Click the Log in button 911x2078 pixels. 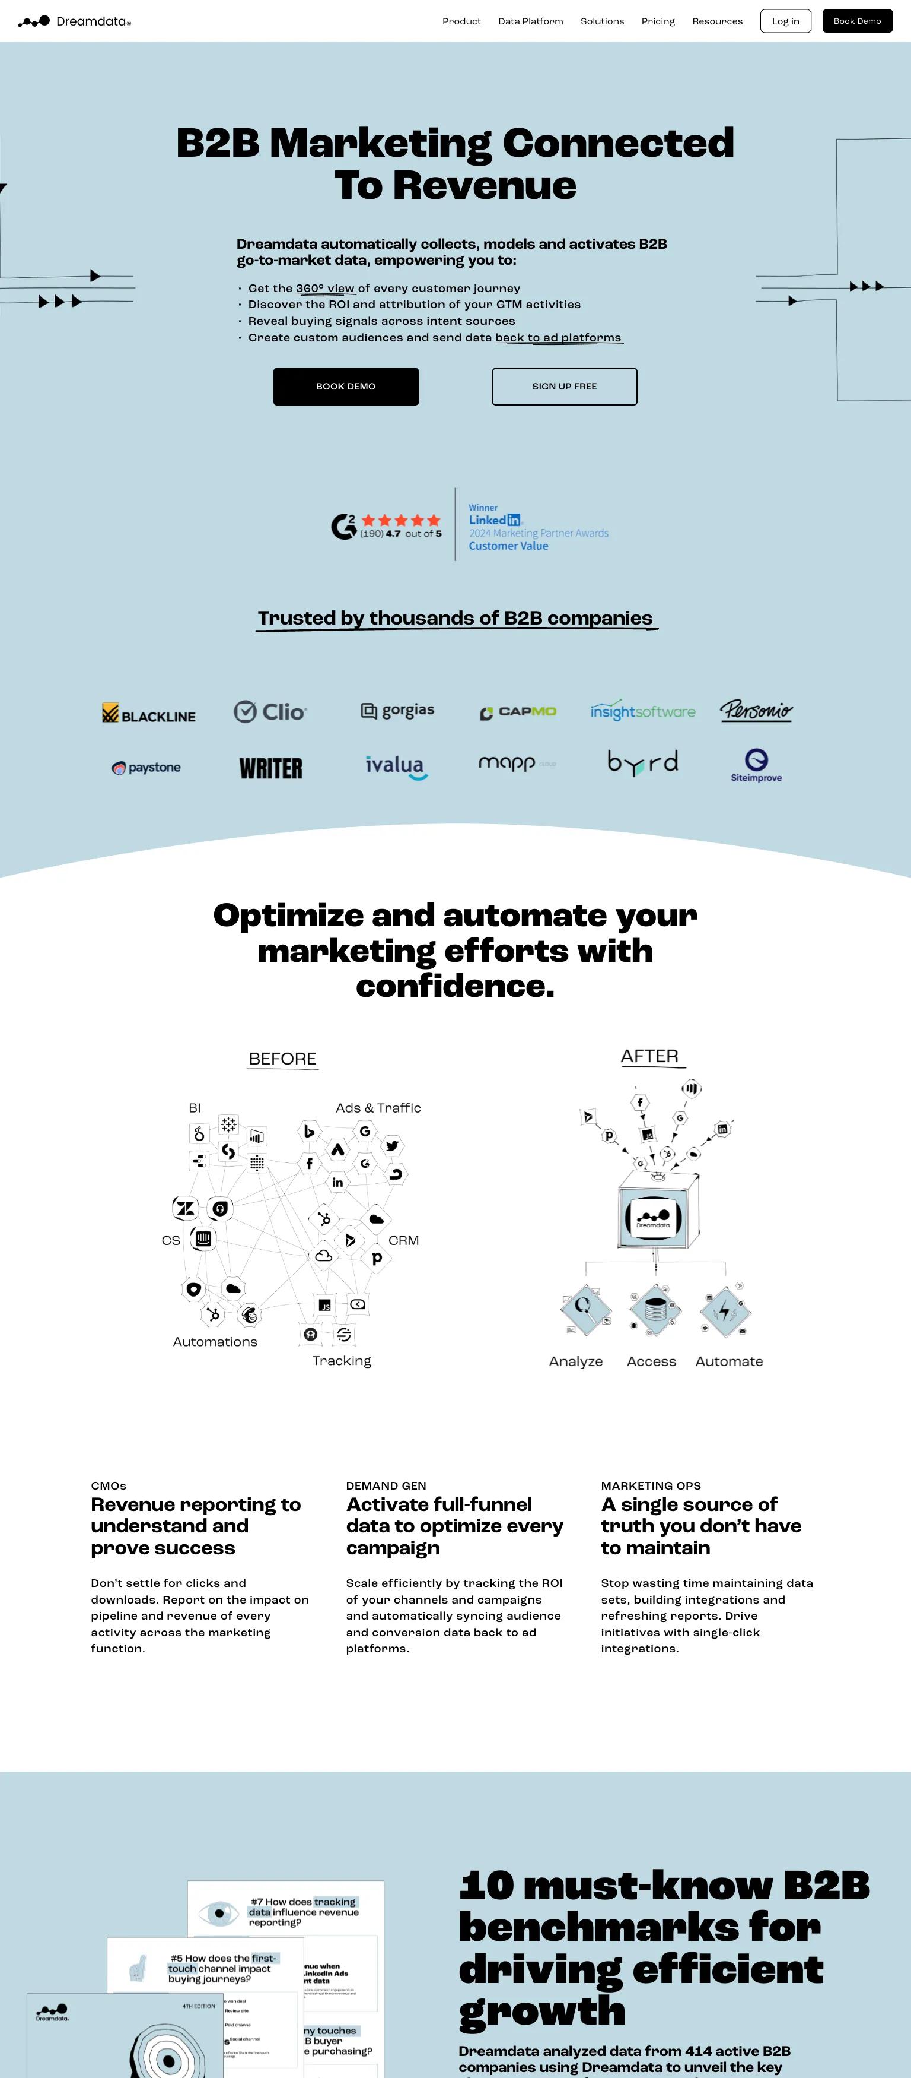[x=785, y=21]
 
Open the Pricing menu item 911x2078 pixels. [x=658, y=21]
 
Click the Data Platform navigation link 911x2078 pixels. [x=530, y=21]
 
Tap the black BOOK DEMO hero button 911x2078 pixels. [x=346, y=387]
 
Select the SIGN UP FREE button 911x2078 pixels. [x=565, y=387]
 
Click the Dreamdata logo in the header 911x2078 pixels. [x=74, y=21]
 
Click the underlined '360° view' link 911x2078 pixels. [x=325, y=288]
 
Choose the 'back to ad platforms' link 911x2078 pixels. [x=558, y=337]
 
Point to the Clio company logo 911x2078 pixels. [x=270, y=711]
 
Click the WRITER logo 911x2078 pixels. [x=271, y=768]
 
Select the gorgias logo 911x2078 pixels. [x=397, y=711]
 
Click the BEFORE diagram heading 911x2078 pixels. [x=283, y=1059]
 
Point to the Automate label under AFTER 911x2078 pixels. [x=729, y=1361]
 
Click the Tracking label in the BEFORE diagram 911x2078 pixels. [x=342, y=1360]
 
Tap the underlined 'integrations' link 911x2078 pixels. [x=638, y=1648]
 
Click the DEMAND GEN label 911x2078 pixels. [x=386, y=1485]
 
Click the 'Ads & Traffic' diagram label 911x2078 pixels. [x=378, y=1107]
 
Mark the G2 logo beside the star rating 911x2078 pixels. [x=343, y=526]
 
